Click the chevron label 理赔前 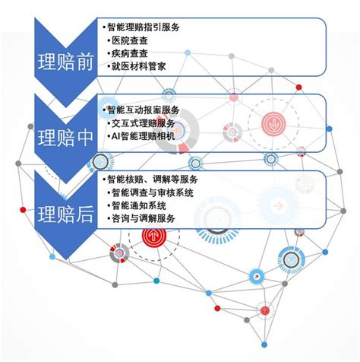pyautogui.click(x=66, y=62)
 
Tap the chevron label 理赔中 pyautogui.click(x=66, y=138)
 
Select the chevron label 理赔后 pyautogui.click(x=66, y=214)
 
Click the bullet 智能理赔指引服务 pyautogui.click(x=144, y=27)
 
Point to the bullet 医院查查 pyautogui.click(x=130, y=40)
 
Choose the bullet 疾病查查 pyautogui.click(x=130, y=53)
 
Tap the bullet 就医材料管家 pyautogui.click(x=139, y=66)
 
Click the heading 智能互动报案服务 pyautogui.click(x=144, y=110)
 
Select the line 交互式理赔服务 pyautogui.click(x=144, y=123)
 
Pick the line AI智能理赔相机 pyautogui.click(x=144, y=136)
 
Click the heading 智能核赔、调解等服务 pyautogui.click(x=153, y=179)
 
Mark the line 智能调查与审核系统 pyautogui.click(x=153, y=192)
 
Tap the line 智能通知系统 pyautogui.click(x=139, y=205)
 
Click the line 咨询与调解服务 pyautogui.click(x=144, y=218)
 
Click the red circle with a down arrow pyautogui.click(x=273, y=124)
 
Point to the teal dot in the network pyautogui.click(x=156, y=281)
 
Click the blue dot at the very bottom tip pyautogui.click(x=264, y=345)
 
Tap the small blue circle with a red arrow pyautogui.click(x=257, y=276)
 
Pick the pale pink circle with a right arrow pyautogui.click(x=279, y=206)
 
